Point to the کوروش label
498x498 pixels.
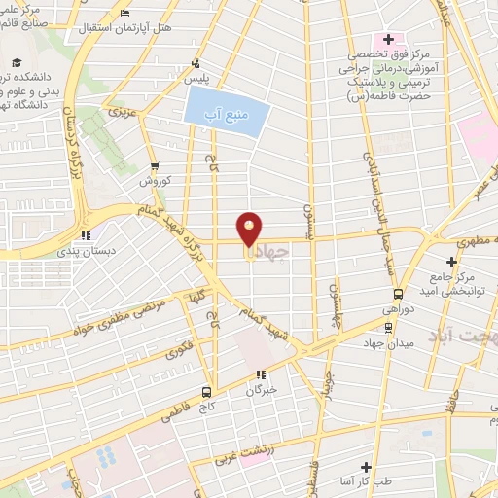[155, 182]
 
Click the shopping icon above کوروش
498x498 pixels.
[155, 165]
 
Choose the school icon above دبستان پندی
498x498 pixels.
[86, 233]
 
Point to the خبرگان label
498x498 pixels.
[261, 389]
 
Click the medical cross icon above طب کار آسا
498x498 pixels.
[367, 468]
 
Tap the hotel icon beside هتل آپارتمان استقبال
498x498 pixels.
[125, 14]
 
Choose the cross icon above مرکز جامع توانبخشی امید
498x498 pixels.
[450, 262]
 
